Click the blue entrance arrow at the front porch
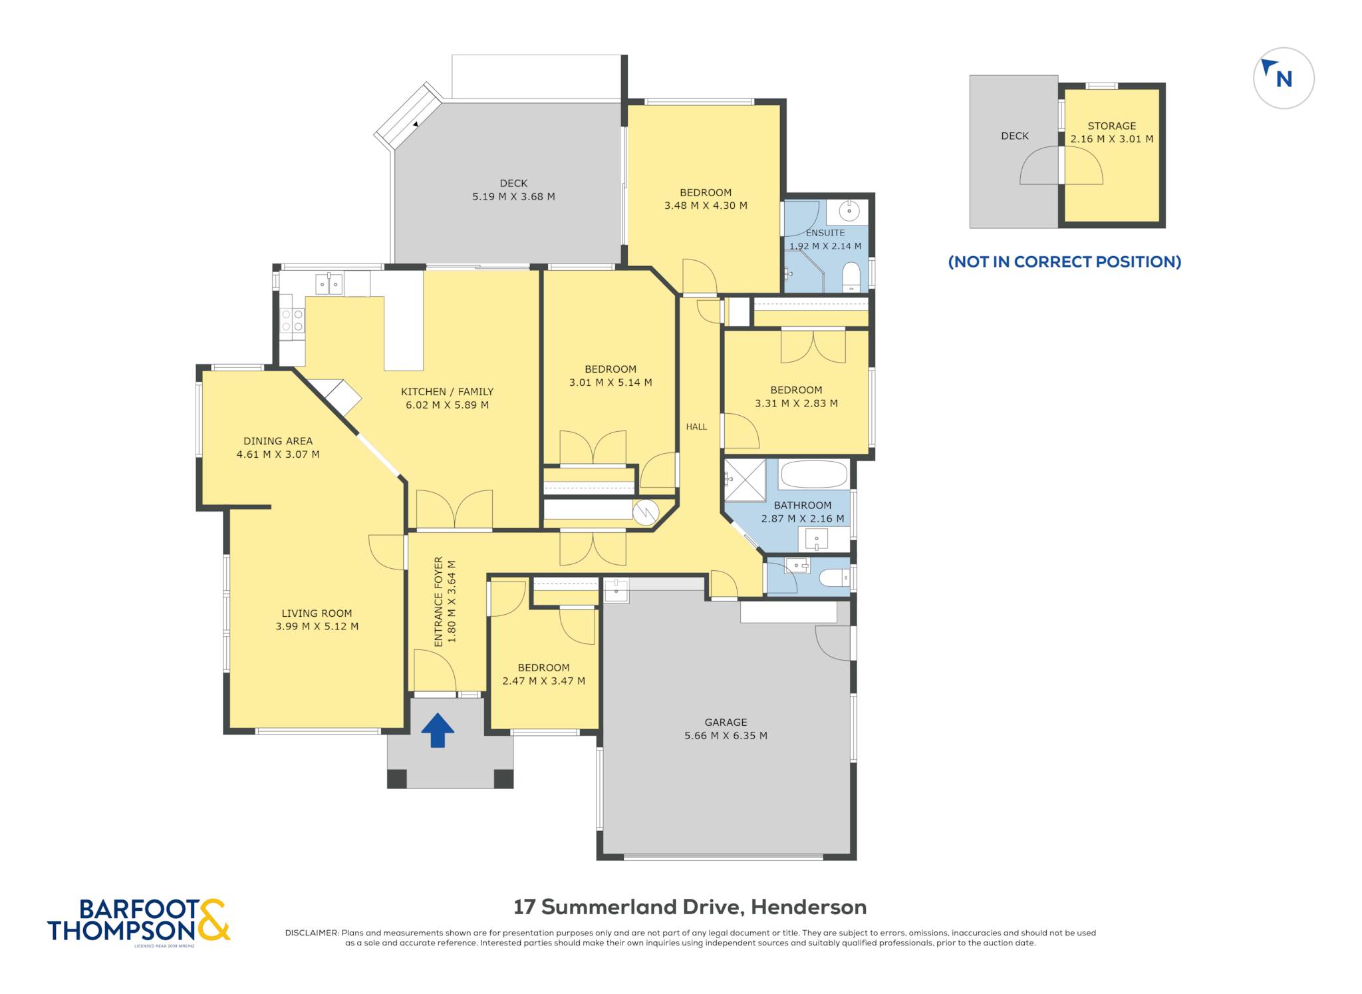coord(438,730)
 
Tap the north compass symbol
coord(1284,78)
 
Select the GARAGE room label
coord(726,722)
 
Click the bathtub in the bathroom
coord(813,474)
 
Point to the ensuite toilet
coord(851,277)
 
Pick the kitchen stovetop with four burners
coord(292,321)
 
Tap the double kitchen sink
coord(329,284)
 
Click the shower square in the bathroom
coord(745,480)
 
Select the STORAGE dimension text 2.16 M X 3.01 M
coord(1112,139)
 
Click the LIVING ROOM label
coord(317,613)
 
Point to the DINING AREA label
coord(278,441)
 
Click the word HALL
coord(696,426)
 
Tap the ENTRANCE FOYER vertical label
coord(438,601)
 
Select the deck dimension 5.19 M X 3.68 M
coord(513,197)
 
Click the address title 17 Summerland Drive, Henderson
coord(690,907)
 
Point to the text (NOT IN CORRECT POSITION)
coord(1065,261)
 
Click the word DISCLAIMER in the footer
coord(311,933)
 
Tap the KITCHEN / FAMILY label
coord(447,392)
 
